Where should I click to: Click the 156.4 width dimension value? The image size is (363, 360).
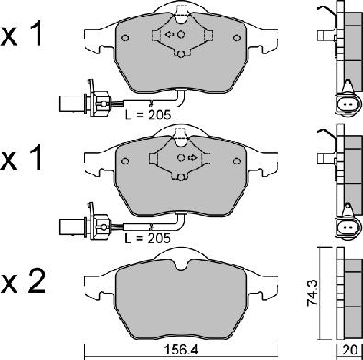pos(182,350)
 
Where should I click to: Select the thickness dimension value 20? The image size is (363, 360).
pos(351,350)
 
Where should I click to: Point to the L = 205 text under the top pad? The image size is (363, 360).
pos(148,115)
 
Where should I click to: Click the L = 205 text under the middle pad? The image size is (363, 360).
pos(148,238)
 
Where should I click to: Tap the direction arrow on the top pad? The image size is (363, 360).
pos(169,34)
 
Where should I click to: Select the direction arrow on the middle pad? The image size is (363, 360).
pos(192,158)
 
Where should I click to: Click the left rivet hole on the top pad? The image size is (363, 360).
pos(125,38)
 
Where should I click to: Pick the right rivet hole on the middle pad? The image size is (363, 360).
pos(236,161)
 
